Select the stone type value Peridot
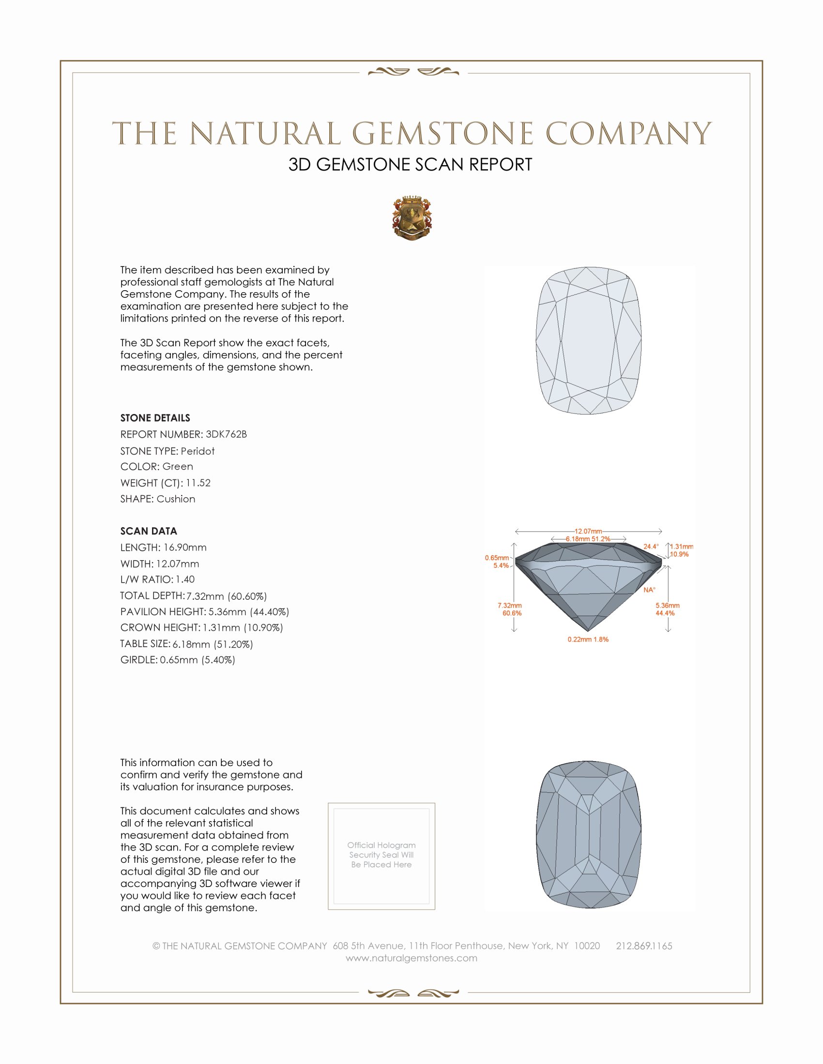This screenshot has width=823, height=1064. click(x=198, y=451)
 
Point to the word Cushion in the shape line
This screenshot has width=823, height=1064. click(x=176, y=499)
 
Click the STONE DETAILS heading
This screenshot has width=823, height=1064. click(x=155, y=418)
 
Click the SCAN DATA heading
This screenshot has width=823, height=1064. click(x=149, y=531)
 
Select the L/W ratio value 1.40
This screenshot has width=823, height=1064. click(x=185, y=579)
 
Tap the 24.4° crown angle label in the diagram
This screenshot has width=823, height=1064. click(x=650, y=546)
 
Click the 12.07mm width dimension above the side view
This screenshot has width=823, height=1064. click(x=588, y=531)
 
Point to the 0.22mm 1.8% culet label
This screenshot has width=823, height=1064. click(x=588, y=639)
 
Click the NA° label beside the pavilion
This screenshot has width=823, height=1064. click(x=649, y=590)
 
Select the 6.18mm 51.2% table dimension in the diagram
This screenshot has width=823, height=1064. click(x=588, y=539)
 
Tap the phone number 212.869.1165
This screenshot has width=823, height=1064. click(x=644, y=946)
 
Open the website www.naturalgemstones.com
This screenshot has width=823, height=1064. click(x=411, y=958)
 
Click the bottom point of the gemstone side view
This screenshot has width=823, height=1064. click(x=589, y=631)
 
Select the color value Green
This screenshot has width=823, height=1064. click(x=178, y=467)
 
